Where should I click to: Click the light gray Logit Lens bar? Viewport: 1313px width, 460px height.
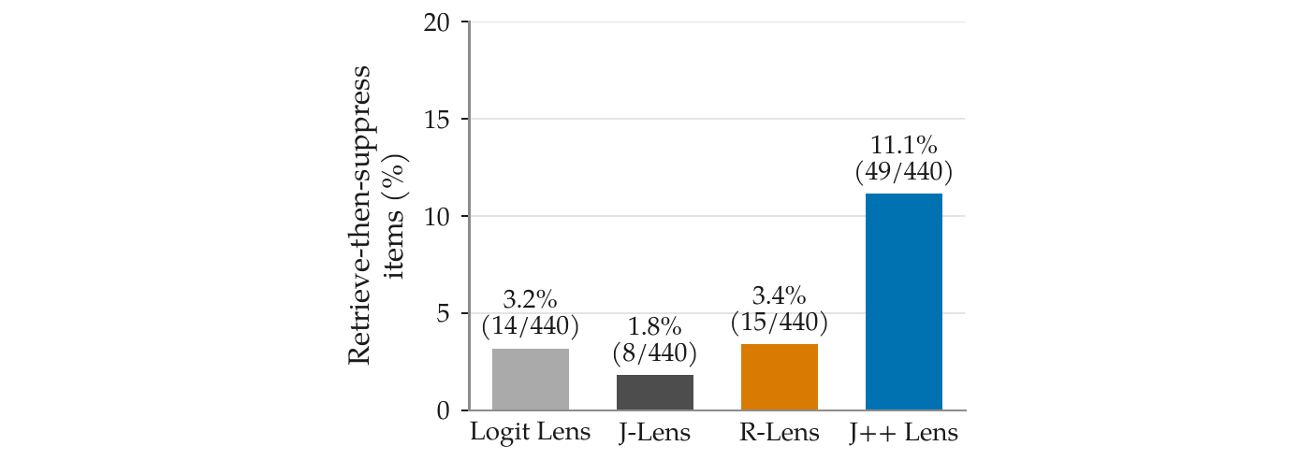click(x=531, y=380)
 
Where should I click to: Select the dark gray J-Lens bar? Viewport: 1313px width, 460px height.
click(x=655, y=392)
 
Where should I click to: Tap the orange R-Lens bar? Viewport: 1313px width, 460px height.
click(x=779, y=377)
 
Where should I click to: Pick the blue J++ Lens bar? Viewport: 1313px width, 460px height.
click(x=904, y=301)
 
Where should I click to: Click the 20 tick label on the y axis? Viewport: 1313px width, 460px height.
click(x=436, y=22)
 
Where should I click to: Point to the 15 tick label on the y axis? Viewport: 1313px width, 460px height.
click(x=436, y=120)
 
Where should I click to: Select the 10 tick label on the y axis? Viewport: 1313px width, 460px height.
click(x=436, y=217)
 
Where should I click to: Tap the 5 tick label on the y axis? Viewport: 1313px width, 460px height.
click(x=443, y=314)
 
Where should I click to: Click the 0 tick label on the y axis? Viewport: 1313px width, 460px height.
click(x=443, y=410)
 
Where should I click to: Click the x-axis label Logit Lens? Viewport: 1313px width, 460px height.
click(x=530, y=433)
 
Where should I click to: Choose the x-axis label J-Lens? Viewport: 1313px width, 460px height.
click(x=655, y=433)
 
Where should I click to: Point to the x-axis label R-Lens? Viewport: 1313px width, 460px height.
click(x=779, y=433)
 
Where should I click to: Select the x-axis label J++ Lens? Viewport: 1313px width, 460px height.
click(x=904, y=433)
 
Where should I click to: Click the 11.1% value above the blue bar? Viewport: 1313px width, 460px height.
click(x=904, y=145)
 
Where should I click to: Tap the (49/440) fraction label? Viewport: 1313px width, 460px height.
click(x=904, y=171)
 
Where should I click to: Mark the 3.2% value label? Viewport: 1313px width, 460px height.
click(x=530, y=299)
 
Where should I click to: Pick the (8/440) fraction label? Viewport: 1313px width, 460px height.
click(x=655, y=352)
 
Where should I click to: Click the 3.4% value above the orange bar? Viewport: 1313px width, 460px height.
click(x=779, y=295)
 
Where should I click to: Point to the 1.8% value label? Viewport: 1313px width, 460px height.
click(x=655, y=326)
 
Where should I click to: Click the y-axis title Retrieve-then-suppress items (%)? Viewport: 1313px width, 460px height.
click(x=376, y=215)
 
